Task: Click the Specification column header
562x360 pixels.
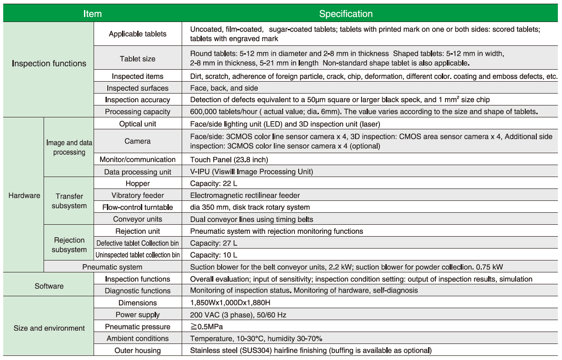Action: (x=345, y=14)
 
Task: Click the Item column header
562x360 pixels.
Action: (x=92, y=14)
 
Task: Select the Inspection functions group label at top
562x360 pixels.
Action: (x=49, y=64)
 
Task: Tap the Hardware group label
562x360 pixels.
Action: (x=24, y=195)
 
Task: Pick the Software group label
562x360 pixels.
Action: (x=49, y=286)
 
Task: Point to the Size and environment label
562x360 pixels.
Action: (x=49, y=328)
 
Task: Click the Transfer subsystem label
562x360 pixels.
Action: (x=69, y=201)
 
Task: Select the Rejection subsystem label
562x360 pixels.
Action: (x=69, y=245)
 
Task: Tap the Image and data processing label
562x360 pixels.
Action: (x=69, y=148)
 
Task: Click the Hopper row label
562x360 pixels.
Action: (x=138, y=183)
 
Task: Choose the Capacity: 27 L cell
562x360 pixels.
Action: (x=214, y=243)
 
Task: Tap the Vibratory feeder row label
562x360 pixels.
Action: (x=138, y=195)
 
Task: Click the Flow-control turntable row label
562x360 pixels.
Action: (x=138, y=207)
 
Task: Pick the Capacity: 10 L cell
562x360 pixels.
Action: (x=214, y=255)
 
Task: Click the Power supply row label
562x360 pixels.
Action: (x=138, y=315)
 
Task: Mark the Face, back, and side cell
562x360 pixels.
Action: (x=224, y=88)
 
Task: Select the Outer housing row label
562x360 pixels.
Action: (x=138, y=350)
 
